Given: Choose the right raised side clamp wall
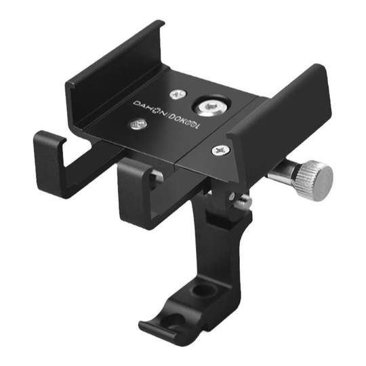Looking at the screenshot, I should [x=285, y=115].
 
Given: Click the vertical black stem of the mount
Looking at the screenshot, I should [x=217, y=244].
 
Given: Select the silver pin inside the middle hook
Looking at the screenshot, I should [x=157, y=178].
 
